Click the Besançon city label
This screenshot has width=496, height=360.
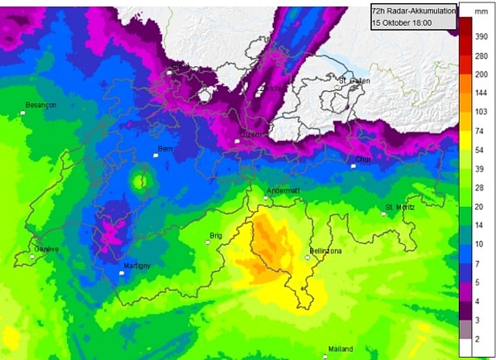(x=40, y=105)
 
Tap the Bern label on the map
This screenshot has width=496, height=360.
(x=165, y=149)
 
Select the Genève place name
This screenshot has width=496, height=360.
(x=46, y=249)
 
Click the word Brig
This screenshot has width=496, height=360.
(x=215, y=236)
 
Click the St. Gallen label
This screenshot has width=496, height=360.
(x=353, y=81)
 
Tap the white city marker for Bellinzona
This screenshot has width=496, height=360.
(x=307, y=258)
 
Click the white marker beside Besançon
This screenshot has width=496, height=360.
(x=23, y=113)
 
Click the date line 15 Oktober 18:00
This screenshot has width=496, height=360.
(x=402, y=23)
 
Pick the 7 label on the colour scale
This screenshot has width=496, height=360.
(x=479, y=263)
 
